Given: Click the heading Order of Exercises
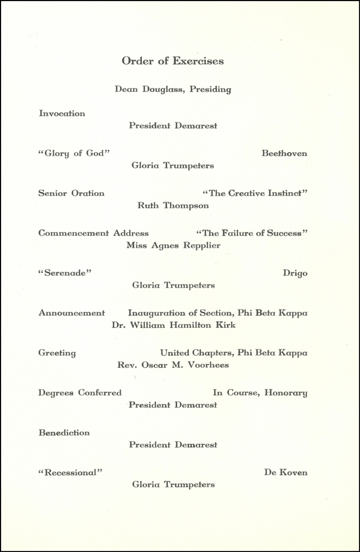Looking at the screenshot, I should [x=173, y=61].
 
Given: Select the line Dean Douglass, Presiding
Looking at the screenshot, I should [x=173, y=89].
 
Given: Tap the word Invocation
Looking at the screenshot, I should [x=62, y=114].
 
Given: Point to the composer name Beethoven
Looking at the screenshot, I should [x=284, y=153].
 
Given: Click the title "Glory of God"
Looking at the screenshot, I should [x=74, y=153].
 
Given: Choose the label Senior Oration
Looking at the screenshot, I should [x=71, y=193].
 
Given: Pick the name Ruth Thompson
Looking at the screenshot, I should [x=173, y=205].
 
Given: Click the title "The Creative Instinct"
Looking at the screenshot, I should [x=255, y=193].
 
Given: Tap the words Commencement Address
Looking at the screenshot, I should [x=93, y=233].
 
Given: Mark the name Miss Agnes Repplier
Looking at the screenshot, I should [x=173, y=245].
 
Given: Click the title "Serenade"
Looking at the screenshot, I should [x=65, y=273].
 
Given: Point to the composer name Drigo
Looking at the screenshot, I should [x=295, y=273].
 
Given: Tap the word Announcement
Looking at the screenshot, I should [x=71, y=313].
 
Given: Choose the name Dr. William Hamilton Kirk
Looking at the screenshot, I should [x=173, y=325].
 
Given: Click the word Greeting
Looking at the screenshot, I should [x=57, y=353].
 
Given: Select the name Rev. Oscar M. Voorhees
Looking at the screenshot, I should [x=173, y=365].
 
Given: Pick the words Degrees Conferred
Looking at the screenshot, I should [x=80, y=393].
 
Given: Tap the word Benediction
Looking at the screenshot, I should [x=64, y=433].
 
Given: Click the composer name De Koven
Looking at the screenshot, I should [x=285, y=473].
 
